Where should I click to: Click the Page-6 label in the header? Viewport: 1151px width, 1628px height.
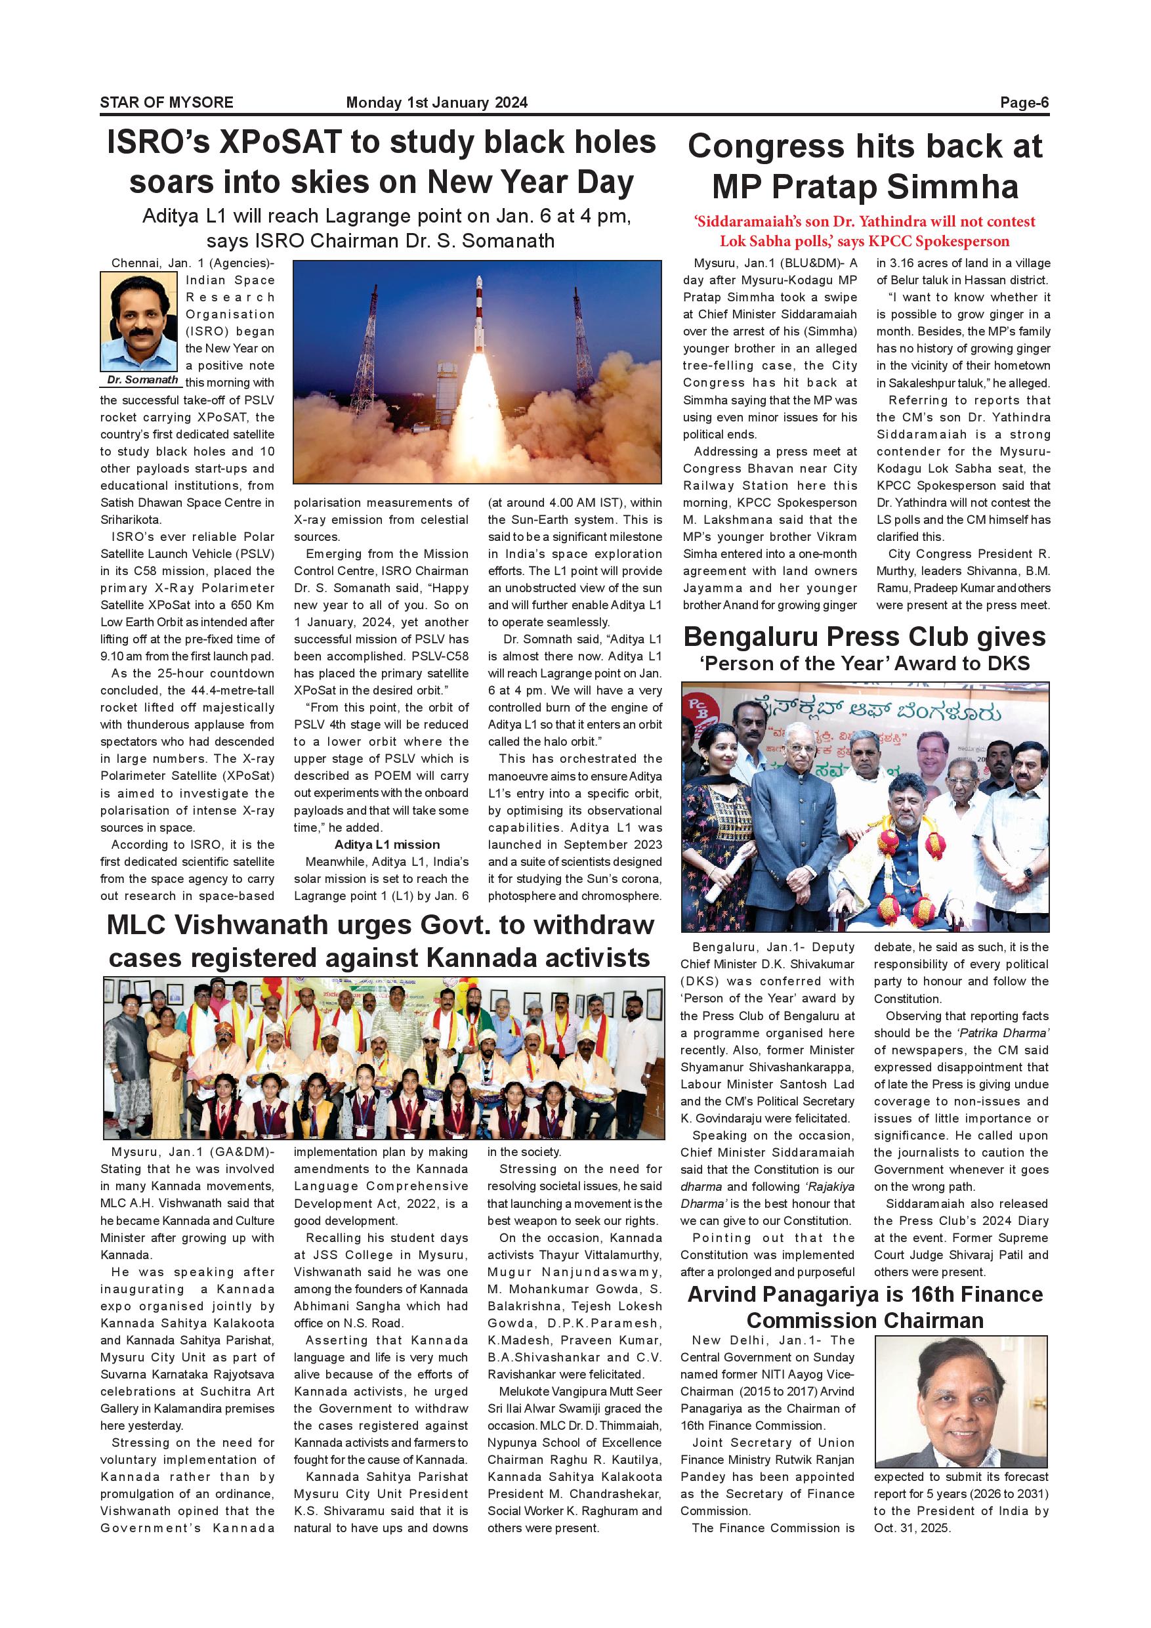coord(1024,103)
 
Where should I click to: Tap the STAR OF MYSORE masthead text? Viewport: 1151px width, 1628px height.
coord(167,103)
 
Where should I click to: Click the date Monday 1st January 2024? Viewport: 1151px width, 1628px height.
coord(436,103)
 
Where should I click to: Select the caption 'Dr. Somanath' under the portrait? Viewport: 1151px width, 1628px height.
coord(142,380)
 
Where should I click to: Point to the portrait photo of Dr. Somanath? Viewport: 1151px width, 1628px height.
coord(139,321)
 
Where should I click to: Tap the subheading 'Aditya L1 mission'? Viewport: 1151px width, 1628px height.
coord(387,844)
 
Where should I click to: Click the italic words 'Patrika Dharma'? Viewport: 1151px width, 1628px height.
coord(1012,1033)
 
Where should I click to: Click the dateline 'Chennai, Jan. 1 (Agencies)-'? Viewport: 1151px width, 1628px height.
coord(192,263)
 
